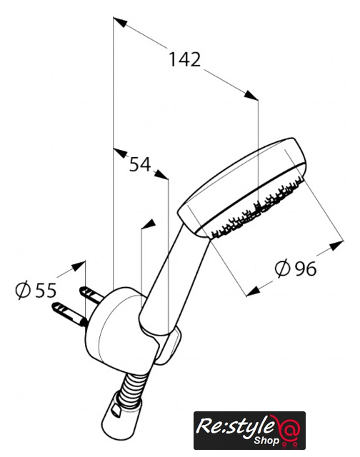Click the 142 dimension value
pyautogui.click(x=185, y=59)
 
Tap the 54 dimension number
pyautogui.click(x=140, y=164)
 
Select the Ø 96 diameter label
pyautogui.click(x=296, y=268)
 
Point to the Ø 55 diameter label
pyautogui.click(x=36, y=290)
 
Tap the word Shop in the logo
pyautogui.click(x=266, y=440)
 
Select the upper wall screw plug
pyautogui.click(x=92, y=293)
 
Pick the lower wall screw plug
pyautogui.click(x=69, y=314)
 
